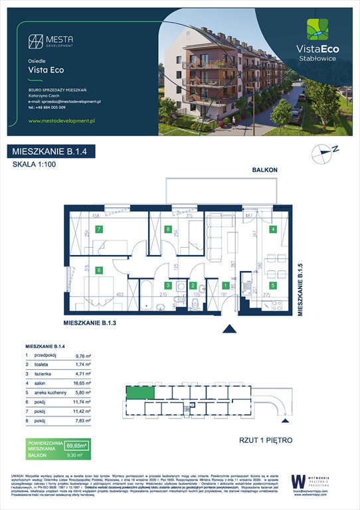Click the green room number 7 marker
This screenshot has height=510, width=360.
98,230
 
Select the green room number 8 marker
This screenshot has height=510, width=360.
167,230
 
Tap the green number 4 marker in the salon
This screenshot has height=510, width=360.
273,230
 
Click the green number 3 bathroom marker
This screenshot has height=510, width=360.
169,286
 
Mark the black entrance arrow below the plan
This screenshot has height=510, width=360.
230,327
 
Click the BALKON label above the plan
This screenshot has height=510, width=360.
264,171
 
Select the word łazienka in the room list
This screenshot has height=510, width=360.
43,374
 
